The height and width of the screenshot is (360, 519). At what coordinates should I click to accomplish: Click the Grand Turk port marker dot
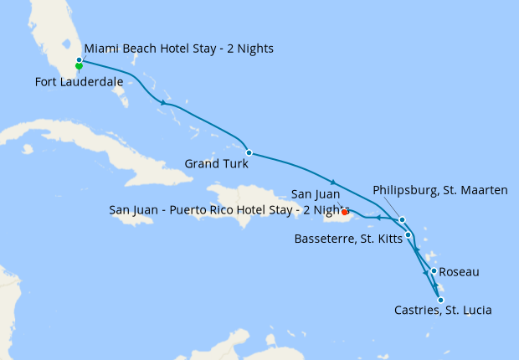[x=249, y=153]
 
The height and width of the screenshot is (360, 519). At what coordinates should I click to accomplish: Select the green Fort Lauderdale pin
[x=78, y=67]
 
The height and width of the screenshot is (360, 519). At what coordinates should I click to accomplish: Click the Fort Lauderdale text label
[x=80, y=81]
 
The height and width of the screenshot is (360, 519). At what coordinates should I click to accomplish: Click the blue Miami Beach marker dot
[x=79, y=60]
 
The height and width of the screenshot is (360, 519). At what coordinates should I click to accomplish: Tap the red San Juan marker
[x=345, y=211]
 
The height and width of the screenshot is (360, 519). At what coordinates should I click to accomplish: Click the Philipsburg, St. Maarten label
[x=439, y=191]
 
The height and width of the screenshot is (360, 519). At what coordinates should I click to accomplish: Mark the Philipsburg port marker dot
[x=403, y=220]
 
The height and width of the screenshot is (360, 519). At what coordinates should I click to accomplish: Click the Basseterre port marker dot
[x=408, y=234]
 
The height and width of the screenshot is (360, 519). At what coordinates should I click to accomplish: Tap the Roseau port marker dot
[x=434, y=270]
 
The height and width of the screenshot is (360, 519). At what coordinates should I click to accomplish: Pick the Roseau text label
[x=460, y=272]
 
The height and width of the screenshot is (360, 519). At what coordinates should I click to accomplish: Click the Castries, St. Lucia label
[x=443, y=311]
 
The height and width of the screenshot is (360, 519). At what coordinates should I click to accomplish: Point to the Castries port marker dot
[x=440, y=300]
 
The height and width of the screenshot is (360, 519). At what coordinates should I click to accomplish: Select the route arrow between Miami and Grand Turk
[x=162, y=102]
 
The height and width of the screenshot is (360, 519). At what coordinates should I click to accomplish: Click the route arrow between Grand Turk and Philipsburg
[x=333, y=183]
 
